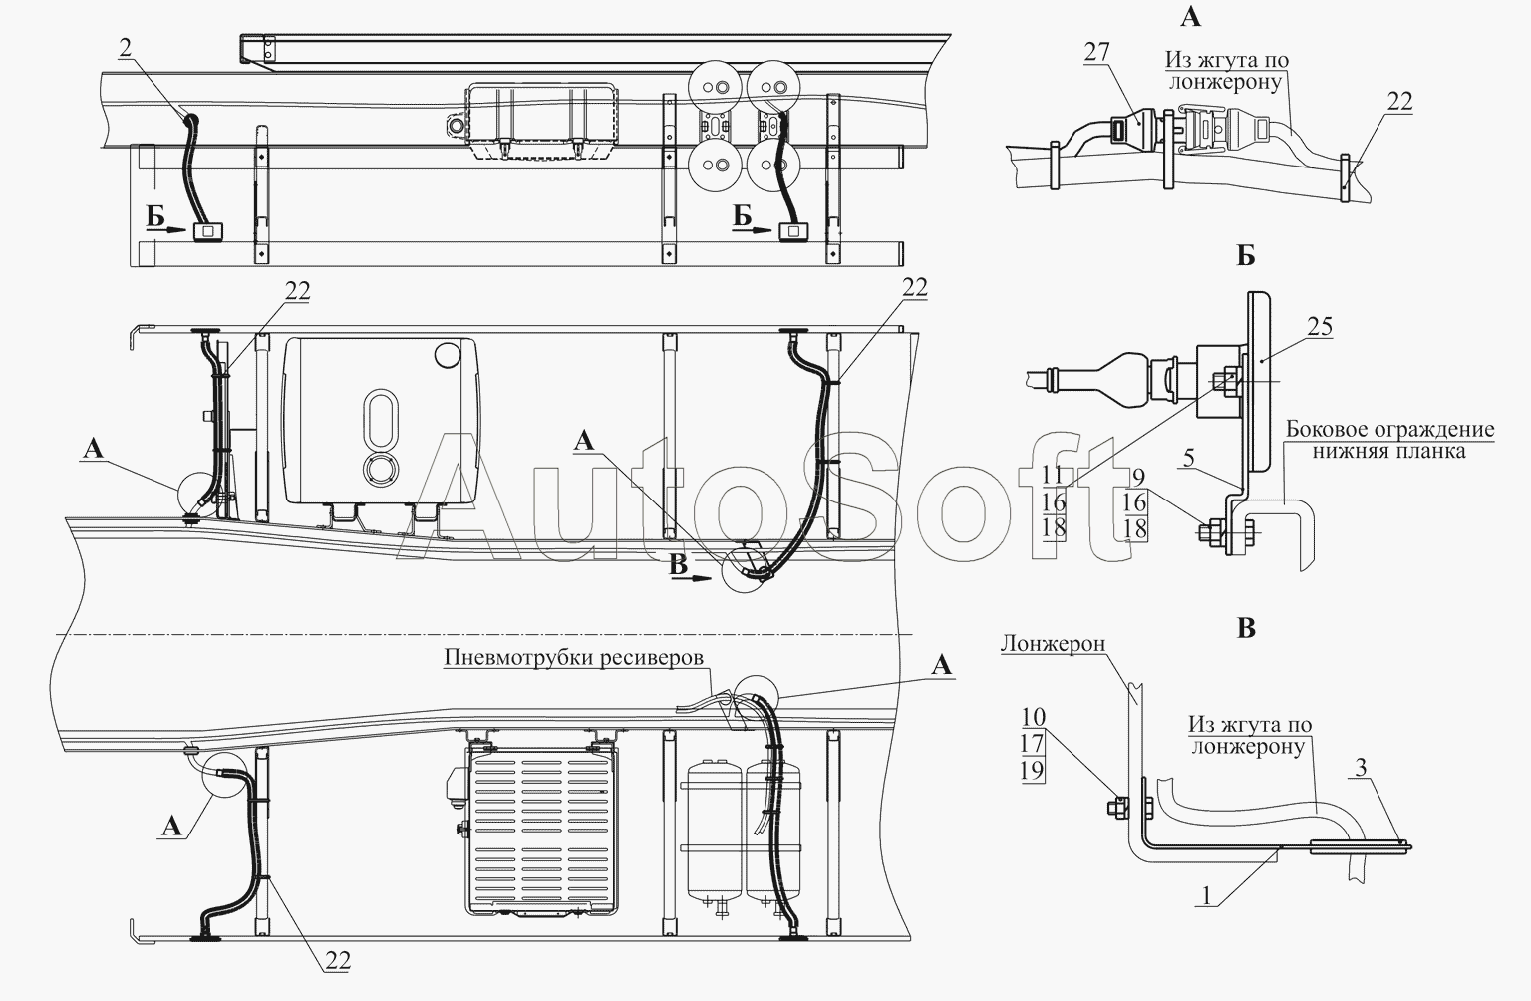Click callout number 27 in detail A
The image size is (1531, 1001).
pyautogui.click(x=1096, y=52)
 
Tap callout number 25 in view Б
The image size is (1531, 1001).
pyautogui.click(x=1319, y=327)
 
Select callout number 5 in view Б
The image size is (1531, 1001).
pyautogui.click(x=1189, y=458)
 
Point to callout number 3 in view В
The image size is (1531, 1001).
pyautogui.click(x=1361, y=767)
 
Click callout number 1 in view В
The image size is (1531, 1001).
pyautogui.click(x=1206, y=895)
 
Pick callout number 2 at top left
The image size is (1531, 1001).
pyautogui.click(x=125, y=47)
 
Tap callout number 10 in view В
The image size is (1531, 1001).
pyautogui.click(x=1034, y=717)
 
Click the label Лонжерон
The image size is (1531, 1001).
pyautogui.click(x=1054, y=644)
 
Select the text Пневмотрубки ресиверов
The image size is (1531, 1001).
pyautogui.click(x=573, y=657)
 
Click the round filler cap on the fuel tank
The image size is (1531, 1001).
pyautogui.click(x=448, y=353)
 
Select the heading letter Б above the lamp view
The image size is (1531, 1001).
pyautogui.click(x=1246, y=256)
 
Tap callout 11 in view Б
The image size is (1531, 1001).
pyautogui.click(x=1054, y=476)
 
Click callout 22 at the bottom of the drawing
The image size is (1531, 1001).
pyautogui.click(x=338, y=961)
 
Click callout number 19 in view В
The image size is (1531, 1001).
pyautogui.click(x=1033, y=771)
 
